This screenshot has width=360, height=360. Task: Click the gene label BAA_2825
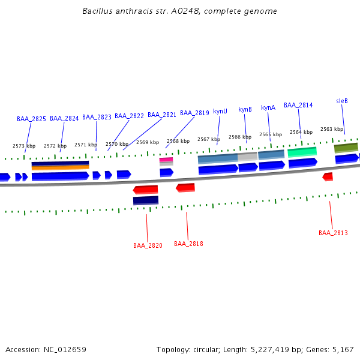coord(31,119)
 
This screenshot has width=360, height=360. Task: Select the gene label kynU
coord(220,111)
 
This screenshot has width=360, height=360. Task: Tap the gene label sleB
coord(342,101)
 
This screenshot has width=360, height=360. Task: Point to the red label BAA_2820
coord(148,245)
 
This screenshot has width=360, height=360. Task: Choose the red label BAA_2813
coord(333,233)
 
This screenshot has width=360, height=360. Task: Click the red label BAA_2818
coord(188,244)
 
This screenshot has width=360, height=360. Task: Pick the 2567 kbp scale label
coord(209,139)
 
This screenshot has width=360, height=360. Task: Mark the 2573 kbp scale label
coord(24,146)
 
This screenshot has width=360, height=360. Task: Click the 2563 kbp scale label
coord(332,129)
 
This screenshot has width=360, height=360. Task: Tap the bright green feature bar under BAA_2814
coord(302,152)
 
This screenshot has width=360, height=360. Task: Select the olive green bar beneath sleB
coord(346,147)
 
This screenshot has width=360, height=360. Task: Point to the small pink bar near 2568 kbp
coord(166,160)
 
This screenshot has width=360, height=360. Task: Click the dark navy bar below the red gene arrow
coord(146,200)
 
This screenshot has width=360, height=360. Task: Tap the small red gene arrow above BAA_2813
coord(328,176)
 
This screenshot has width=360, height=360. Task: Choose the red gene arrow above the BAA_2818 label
coord(185,188)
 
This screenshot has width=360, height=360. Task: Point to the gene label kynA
coord(268,108)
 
